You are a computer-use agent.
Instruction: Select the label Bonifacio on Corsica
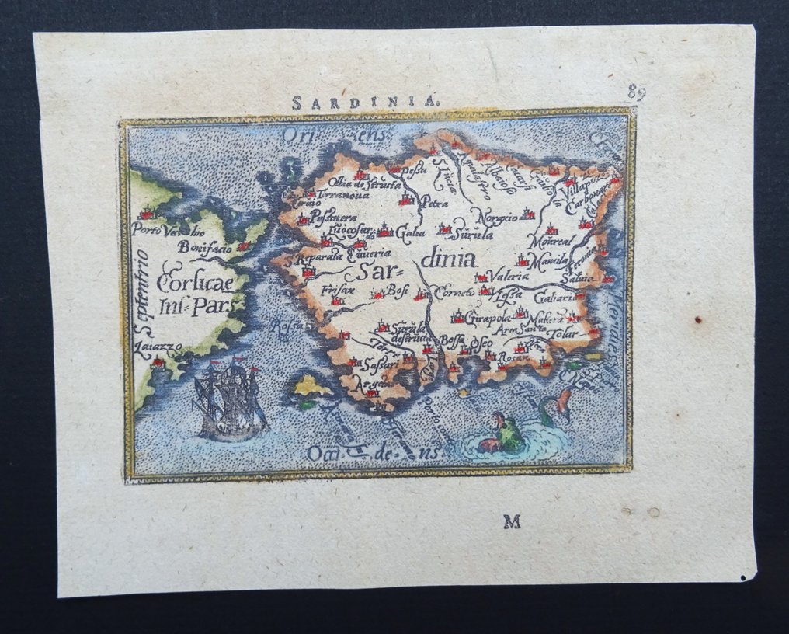point(206,247)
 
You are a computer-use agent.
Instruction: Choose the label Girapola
point(488,318)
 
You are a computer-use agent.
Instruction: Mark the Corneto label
point(454,293)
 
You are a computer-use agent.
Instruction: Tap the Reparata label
point(318,258)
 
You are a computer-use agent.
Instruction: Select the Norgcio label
point(496,218)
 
